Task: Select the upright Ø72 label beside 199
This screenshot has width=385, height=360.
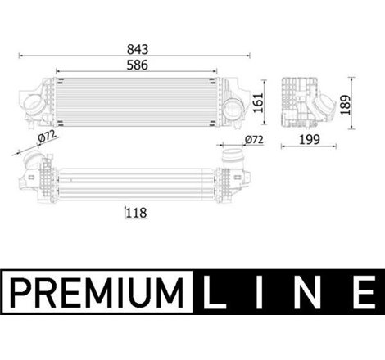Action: (255, 140)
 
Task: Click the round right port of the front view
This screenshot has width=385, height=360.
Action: (234, 108)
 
